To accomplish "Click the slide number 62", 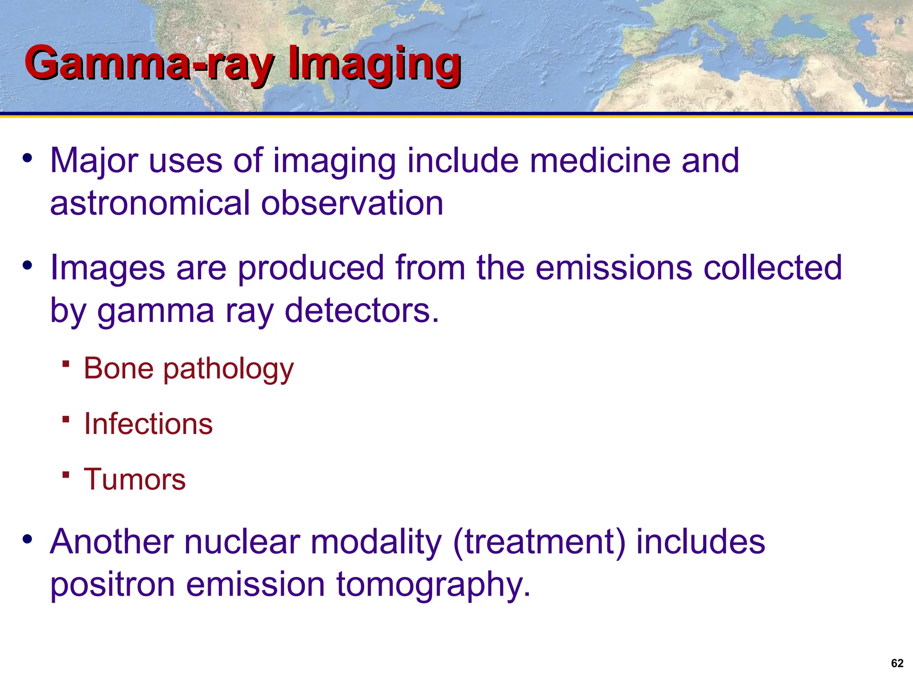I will pos(897,663).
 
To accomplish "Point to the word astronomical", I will pos(150,203).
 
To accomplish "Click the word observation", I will pos(352,203).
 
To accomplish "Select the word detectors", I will pos(362,311).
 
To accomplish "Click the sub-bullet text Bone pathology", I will pos(189,369).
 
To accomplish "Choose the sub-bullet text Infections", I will pos(148,424).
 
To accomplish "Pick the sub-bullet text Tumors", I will pos(135,479).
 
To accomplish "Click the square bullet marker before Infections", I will pos(66,419).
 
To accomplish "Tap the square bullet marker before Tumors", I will pos(66,475).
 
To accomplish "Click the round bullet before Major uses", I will pos(28,158).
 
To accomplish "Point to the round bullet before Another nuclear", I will pos(28,539).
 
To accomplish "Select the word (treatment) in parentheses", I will pos(539,542).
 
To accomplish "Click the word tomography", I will pos(433,585).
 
